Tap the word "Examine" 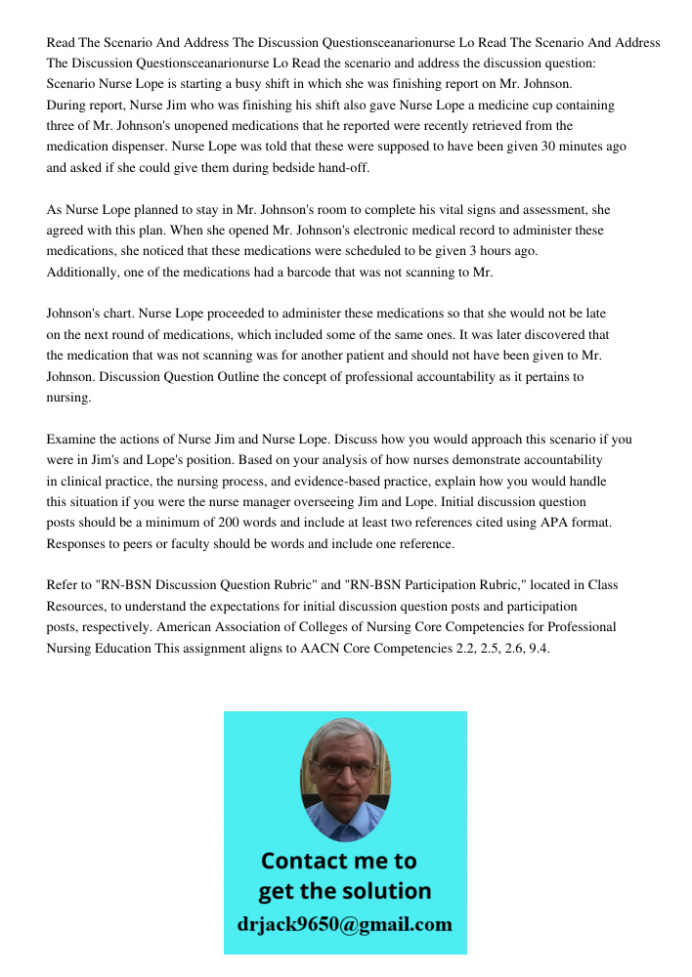tap(72, 440)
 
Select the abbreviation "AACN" tap(330, 647)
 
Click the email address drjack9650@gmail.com tap(344, 924)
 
